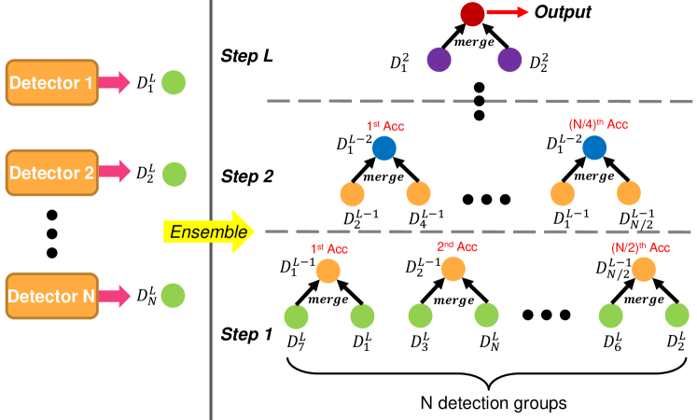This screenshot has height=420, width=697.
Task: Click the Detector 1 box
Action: (x=52, y=83)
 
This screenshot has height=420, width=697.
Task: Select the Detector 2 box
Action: (x=52, y=173)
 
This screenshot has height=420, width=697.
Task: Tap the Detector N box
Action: (x=52, y=296)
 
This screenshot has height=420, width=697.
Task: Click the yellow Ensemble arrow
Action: (x=208, y=231)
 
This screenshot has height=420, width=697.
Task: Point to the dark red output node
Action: (x=472, y=14)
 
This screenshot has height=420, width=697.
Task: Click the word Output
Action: (x=563, y=12)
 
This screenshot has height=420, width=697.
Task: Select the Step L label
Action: (x=246, y=56)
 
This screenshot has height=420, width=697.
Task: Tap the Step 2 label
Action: (x=247, y=176)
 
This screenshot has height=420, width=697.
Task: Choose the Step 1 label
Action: (x=246, y=334)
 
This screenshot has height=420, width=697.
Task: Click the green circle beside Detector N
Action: (x=173, y=296)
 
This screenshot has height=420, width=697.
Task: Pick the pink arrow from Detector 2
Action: (x=114, y=172)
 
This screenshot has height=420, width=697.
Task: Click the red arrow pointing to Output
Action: (x=508, y=12)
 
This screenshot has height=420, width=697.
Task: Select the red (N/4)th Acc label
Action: (x=598, y=124)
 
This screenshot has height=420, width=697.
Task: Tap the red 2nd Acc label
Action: (x=457, y=246)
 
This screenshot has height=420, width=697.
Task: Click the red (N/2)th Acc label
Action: (x=640, y=247)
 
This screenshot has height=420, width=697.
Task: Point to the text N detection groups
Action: (x=494, y=403)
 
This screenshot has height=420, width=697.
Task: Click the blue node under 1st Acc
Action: (x=384, y=148)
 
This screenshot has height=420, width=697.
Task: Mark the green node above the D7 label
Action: (x=296, y=316)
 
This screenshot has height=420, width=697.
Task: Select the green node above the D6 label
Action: (x=611, y=316)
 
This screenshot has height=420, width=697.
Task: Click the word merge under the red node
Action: (x=474, y=42)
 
